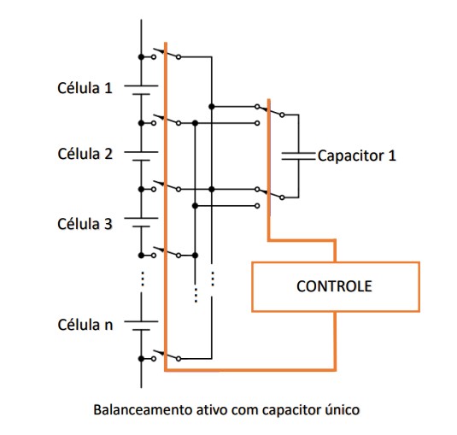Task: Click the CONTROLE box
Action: coord(335,287)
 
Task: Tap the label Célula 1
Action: coord(85,88)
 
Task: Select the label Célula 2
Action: coord(85,154)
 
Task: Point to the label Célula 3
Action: coord(85,224)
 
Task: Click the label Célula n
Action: coord(85,325)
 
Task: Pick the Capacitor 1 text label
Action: coord(357,156)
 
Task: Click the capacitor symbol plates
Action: coord(298,156)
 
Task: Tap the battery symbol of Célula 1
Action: coord(141,90)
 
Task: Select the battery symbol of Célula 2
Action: coord(141,156)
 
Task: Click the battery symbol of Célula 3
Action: coord(141,222)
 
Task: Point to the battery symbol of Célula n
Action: coord(141,326)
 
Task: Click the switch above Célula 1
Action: coord(166,53)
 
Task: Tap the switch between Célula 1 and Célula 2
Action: coord(166,120)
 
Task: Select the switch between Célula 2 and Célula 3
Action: coord(166,185)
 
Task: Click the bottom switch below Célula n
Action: coord(166,356)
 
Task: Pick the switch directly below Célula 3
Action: coord(166,252)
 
